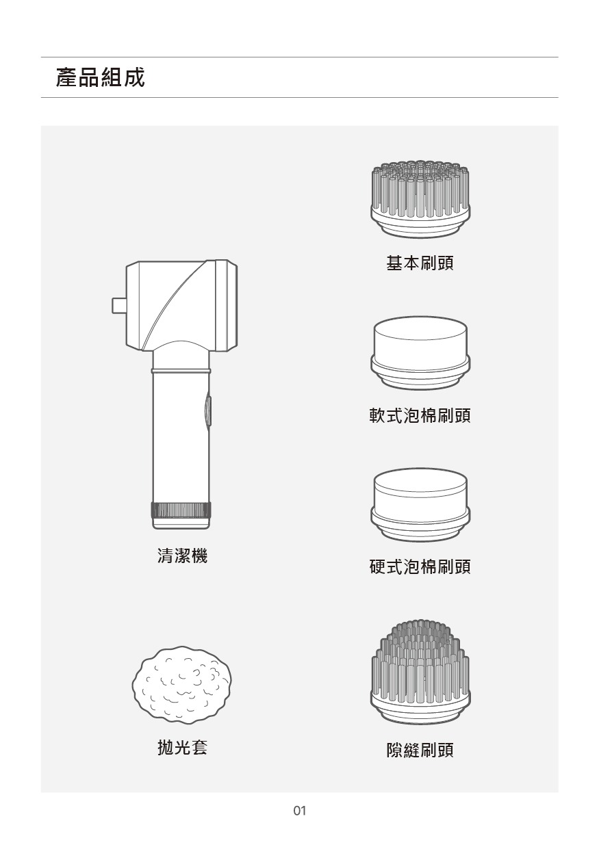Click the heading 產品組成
(100, 77)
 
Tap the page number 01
(299, 811)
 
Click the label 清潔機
(183, 556)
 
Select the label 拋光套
(183, 747)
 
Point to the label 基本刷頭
(420, 263)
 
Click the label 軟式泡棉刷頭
(420, 415)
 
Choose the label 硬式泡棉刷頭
(420, 566)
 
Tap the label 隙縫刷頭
(420, 749)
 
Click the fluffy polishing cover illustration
(181, 685)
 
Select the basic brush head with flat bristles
(420, 199)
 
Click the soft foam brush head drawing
(420, 353)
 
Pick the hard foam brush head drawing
(420, 504)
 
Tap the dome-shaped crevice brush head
(420, 672)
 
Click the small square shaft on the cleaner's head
(119, 306)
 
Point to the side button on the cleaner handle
(208, 410)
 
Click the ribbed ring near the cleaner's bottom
(181, 510)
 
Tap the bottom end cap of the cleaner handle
(181, 523)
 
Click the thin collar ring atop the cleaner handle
(181, 369)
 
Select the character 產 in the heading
(66, 77)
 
